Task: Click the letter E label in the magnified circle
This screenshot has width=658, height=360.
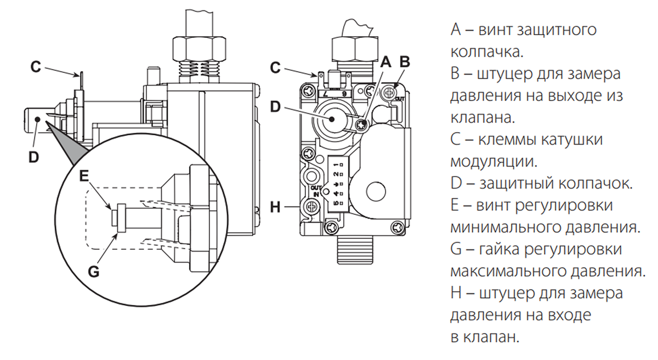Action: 84,176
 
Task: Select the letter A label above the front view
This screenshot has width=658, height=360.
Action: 386,62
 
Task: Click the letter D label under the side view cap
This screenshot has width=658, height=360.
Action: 33,157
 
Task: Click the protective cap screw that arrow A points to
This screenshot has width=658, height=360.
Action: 360,125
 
